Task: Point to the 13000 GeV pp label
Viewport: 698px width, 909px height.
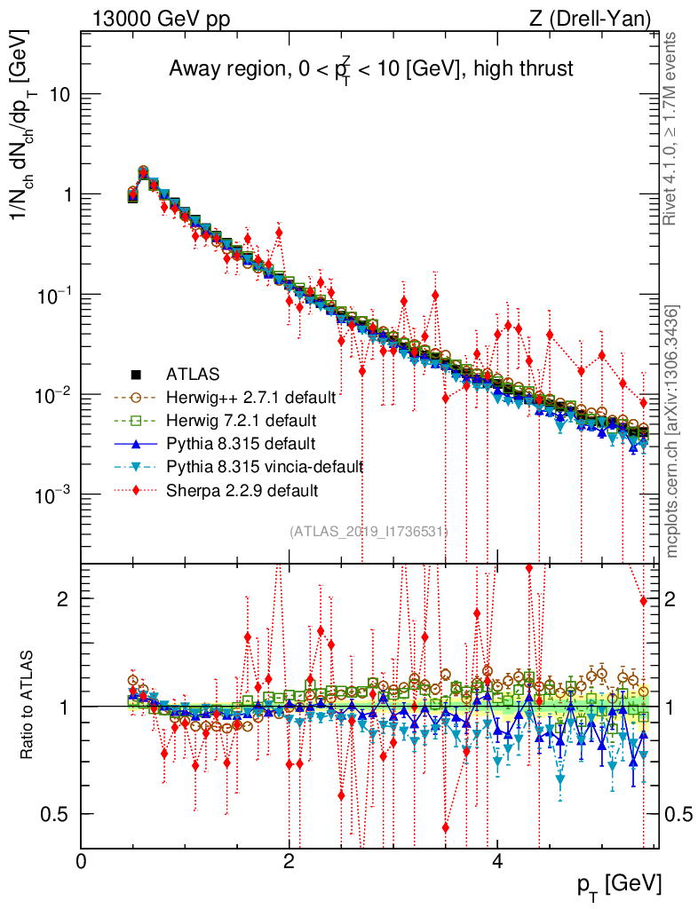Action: (x=160, y=18)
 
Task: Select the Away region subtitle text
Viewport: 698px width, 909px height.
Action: (x=370, y=69)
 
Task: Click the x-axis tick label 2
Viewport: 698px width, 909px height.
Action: (x=289, y=861)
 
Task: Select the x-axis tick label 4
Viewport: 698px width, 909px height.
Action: (x=497, y=861)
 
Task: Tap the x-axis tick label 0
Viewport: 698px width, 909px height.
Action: (x=81, y=861)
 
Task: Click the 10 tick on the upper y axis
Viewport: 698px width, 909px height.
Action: (x=59, y=95)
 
